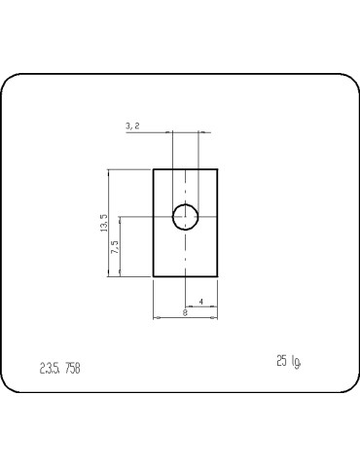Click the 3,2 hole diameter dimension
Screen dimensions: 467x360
[133, 126]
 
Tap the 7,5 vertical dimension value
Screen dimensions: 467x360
[114, 247]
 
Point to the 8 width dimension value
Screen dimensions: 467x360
[186, 312]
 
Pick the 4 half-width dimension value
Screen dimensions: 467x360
[200, 302]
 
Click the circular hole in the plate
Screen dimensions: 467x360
[186, 217]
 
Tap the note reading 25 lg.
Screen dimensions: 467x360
[288, 361]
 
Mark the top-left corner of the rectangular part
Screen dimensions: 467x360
[154, 169]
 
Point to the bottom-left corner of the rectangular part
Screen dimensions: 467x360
[154, 277]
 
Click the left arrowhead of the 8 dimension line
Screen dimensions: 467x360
[156, 317]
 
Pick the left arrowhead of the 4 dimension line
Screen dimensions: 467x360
[188, 306]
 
